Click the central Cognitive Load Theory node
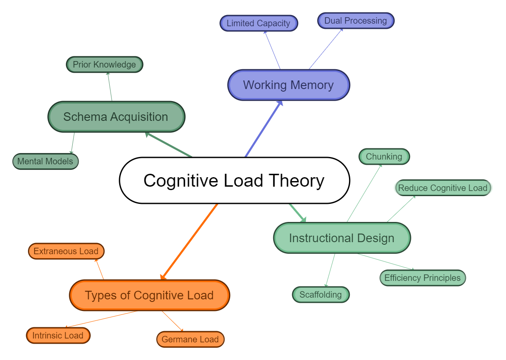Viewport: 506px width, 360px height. tap(234, 181)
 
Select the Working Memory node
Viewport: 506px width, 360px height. tap(288, 85)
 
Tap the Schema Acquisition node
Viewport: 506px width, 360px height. tap(116, 117)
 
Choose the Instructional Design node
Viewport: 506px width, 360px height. tap(342, 238)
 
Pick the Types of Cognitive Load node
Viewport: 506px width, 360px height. tap(149, 295)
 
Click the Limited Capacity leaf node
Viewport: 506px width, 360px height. tap(258, 23)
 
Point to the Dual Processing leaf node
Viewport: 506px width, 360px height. tap(355, 21)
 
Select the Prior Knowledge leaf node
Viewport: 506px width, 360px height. tap(104, 65)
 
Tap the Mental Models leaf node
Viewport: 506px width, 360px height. tap(46, 161)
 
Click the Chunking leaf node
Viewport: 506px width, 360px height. tap(384, 157)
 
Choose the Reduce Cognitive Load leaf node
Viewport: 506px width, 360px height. tap(442, 188)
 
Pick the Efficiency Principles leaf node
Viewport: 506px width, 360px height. tap(422, 278)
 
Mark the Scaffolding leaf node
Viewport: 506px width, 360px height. tap(321, 295)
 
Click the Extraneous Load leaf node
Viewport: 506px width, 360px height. tap(66, 251)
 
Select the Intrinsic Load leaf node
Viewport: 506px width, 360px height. tap(58, 335)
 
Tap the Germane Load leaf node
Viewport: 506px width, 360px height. tap(190, 339)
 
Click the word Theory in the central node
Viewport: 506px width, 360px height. tap(296, 181)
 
